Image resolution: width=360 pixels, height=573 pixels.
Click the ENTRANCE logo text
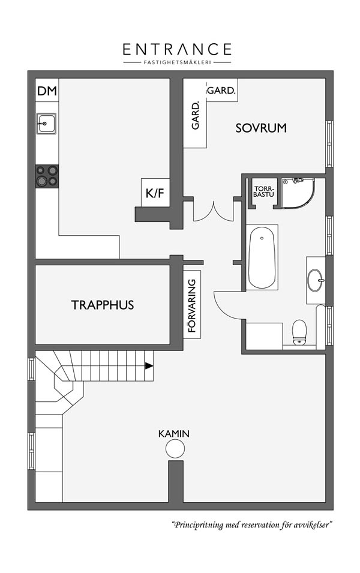(x=177, y=49)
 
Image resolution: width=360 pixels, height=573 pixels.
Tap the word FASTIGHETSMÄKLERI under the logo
(x=177, y=62)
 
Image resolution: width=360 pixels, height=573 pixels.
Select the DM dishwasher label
(x=47, y=91)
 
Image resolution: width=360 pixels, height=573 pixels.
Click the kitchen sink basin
(x=46, y=123)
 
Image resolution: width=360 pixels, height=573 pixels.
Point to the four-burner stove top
(x=47, y=176)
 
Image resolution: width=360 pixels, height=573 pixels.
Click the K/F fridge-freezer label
(x=155, y=193)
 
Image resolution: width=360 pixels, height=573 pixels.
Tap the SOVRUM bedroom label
(x=261, y=128)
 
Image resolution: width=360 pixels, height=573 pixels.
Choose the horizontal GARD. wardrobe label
(x=221, y=90)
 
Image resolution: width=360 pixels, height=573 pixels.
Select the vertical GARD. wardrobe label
(x=196, y=115)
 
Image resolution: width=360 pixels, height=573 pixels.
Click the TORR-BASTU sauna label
(x=263, y=192)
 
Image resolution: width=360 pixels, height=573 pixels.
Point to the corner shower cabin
(x=298, y=193)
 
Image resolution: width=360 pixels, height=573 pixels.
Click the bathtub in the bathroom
(x=262, y=257)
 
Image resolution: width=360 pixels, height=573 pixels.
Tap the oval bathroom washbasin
(x=316, y=280)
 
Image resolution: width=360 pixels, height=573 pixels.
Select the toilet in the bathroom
(x=299, y=332)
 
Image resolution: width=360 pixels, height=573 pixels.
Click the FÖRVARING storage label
(x=192, y=305)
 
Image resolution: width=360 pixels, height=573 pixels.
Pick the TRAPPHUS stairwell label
(x=103, y=305)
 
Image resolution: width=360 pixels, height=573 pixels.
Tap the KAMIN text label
(x=174, y=434)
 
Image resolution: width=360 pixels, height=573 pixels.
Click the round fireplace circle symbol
(x=175, y=448)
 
